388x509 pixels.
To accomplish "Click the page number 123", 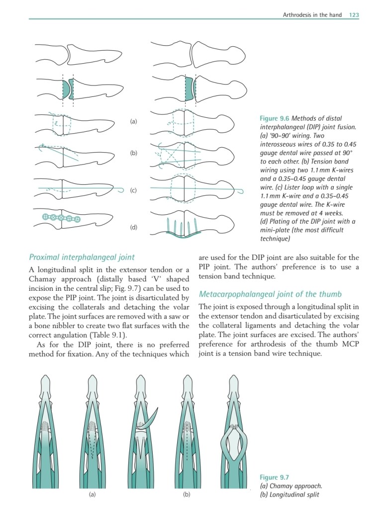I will point(354,15).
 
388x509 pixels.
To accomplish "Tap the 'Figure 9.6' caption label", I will point(275,118).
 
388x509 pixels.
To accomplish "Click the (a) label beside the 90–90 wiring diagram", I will point(133,121).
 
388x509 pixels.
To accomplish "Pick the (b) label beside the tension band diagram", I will point(133,153).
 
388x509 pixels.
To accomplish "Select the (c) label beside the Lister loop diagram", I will point(133,190).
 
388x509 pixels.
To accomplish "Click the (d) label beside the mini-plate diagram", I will point(133,227).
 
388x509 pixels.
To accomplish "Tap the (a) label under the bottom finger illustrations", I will point(92,495).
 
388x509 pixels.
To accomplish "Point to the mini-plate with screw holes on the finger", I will point(62,217).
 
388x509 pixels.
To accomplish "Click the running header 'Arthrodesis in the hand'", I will point(312,15).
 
